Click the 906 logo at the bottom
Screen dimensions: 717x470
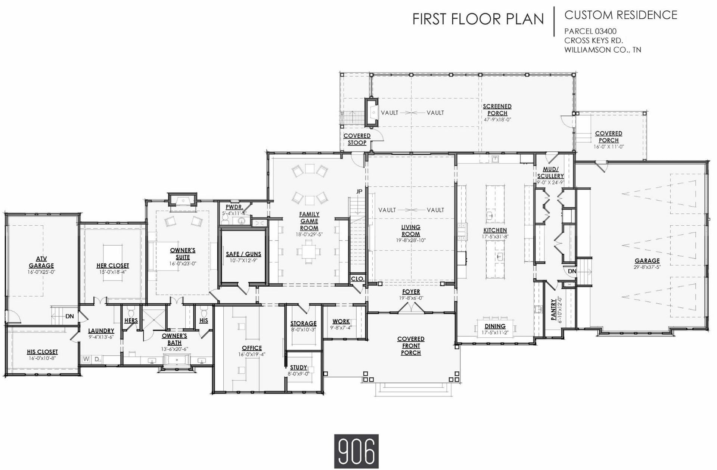pyautogui.click(x=356, y=451)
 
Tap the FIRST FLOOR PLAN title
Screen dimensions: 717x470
pyautogui.click(x=478, y=19)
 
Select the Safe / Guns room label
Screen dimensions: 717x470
pyautogui.click(x=243, y=254)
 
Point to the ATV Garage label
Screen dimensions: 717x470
pyautogui.click(x=41, y=262)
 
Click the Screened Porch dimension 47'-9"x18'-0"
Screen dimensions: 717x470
pyautogui.click(x=497, y=120)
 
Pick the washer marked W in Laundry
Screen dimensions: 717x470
pyautogui.click(x=86, y=359)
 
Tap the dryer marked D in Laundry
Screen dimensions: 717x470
pyautogui.click(x=97, y=359)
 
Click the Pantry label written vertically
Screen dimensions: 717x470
pyautogui.click(x=553, y=309)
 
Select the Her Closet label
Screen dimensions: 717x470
pyautogui.click(x=113, y=266)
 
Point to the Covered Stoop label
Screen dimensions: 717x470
pyautogui.click(x=357, y=139)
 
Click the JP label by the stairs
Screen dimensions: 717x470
pyautogui.click(x=359, y=192)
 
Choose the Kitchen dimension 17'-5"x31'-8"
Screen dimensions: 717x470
pyautogui.click(x=495, y=236)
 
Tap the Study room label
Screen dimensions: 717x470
pyautogui.click(x=298, y=367)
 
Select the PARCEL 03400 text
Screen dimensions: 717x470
pyautogui.click(x=590, y=31)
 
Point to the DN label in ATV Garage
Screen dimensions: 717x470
pyautogui.click(x=69, y=316)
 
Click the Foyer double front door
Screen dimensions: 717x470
pyautogui.click(x=411, y=307)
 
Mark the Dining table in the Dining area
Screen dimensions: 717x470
pyautogui.click(x=495, y=327)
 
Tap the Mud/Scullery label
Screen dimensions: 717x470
pyautogui.click(x=550, y=173)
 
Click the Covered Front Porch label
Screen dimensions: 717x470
pyautogui.click(x=411, y=346)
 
